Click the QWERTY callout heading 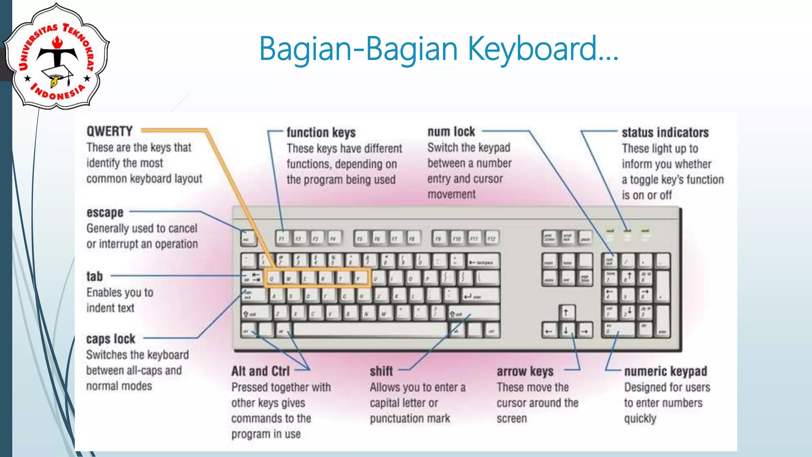[x=109, y=131]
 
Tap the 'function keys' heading [x=321, y=132]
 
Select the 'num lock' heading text [x=451, y=132]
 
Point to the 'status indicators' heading [x=665, y=132]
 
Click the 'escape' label [x=105, y=213]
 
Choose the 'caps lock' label [x=111, y=339]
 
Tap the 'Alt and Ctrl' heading [x=260, y=371]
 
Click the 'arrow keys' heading [x=525, y=372]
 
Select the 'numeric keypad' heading [x=665, y=371]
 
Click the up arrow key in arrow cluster [x=566, y=313]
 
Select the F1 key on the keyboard [x=282, y=238]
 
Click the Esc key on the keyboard [x=247, y=238]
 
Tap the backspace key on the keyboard [x=483, y=262]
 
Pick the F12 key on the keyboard [x=491, y=238]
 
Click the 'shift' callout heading [x=381, y=371]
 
